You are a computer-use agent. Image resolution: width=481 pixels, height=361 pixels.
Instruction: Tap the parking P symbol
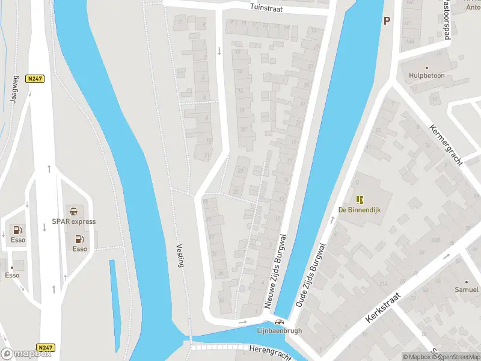pyautogui.click(x=387, y=20)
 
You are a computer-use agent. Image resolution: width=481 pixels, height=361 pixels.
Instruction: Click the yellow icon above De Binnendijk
pyautogui.click(x=360, y=200)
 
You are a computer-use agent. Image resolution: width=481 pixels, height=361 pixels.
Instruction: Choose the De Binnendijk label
pyautogui.click(x=360, y=210)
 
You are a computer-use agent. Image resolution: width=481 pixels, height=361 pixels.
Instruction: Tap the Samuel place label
pyautogui.click(x=466, y=290)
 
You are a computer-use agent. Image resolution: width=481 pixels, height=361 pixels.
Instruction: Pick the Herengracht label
pyautogui.click(x=269, y=352)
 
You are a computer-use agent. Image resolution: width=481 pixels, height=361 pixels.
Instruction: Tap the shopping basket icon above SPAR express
pyautogui.click(x=73, y=211)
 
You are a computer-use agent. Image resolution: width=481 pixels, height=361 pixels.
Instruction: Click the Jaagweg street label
pyautogui.click(x=13, y=90)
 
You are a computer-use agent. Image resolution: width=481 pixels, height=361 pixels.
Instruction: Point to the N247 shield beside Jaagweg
pyautogui.click(x=34, y=78)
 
